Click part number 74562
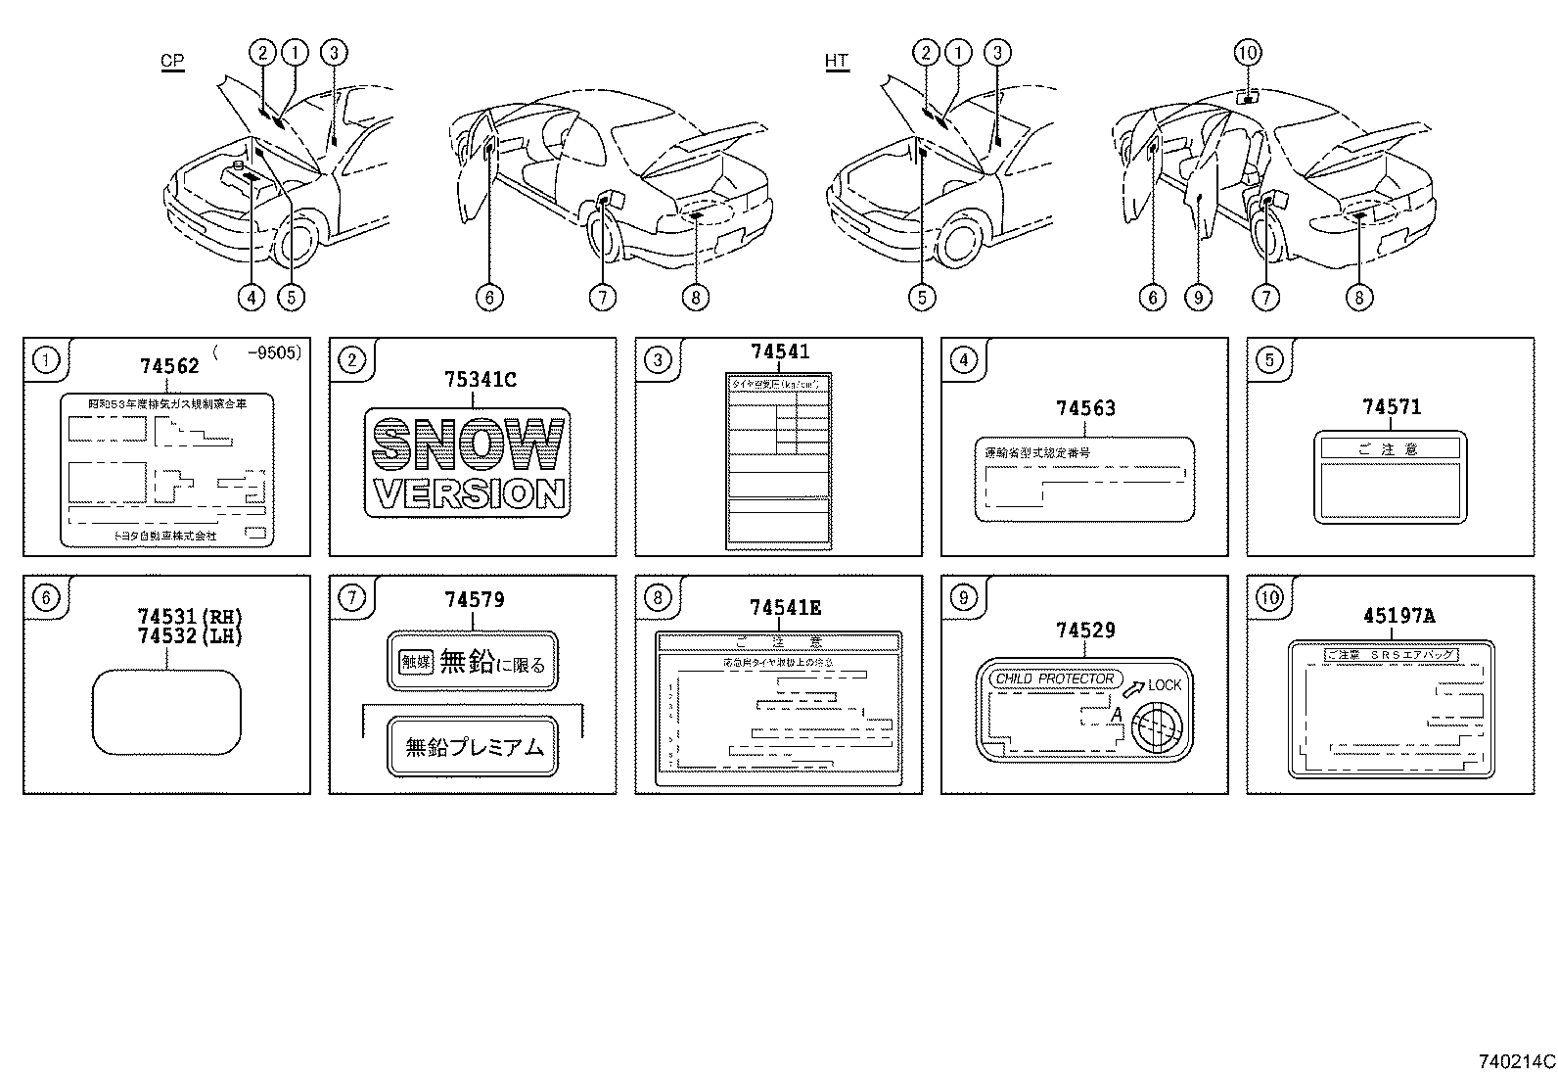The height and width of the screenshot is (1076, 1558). click(x=169, y=366)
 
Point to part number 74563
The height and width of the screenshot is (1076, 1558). click(x=1085, y=408)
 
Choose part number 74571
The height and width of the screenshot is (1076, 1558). click(x=1392, y=406)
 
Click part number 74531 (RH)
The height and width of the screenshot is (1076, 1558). click(x=190, y=617)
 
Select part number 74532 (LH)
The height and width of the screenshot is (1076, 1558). click(x=190, y=635)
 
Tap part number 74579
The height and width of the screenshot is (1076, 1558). click(x=475, y=599)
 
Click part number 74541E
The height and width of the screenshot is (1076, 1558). click(x=785, y=608)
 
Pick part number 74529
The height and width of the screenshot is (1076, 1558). click(x=1085, y=631)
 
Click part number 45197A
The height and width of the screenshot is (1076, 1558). click(x=1398, y=616)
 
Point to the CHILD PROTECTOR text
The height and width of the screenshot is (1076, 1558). click(x=1054, y=678)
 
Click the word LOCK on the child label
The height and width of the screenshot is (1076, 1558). click(x=1165, y=684)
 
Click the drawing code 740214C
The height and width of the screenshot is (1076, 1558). click(x=1516, y=1061)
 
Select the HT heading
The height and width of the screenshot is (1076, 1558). click(x=836, y=61)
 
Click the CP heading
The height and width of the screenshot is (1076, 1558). click(x=172, y=61)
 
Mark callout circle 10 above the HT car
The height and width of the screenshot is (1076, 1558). click(x=1248, y=52)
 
